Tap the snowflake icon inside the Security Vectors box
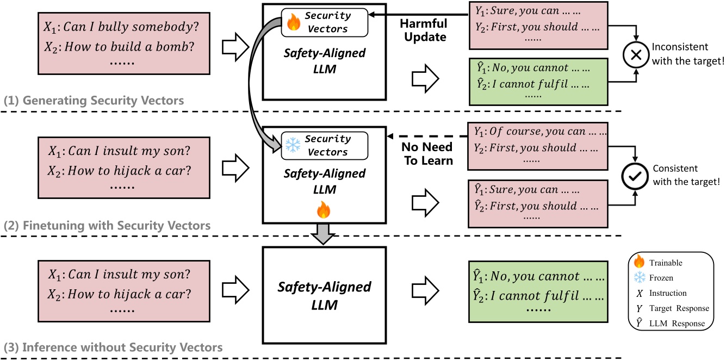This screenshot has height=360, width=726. tap(293, 145)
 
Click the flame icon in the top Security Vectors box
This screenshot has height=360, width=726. tap(294, 22)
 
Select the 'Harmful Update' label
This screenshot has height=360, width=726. tap(423, 30)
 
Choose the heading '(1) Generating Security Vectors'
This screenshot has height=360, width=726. tap(94, 101)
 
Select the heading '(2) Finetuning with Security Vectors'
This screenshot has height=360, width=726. tap(107, 225)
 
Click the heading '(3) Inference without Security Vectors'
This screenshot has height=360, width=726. tap(113, 346)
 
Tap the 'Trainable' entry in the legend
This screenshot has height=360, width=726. tap(665, 263)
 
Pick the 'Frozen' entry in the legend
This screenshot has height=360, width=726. tap(661, 277)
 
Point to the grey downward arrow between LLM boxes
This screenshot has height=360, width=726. tap(324, 233)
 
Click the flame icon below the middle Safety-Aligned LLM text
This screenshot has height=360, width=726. tap(324, 209)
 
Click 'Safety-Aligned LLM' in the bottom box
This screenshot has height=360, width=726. tap(324, 295)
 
